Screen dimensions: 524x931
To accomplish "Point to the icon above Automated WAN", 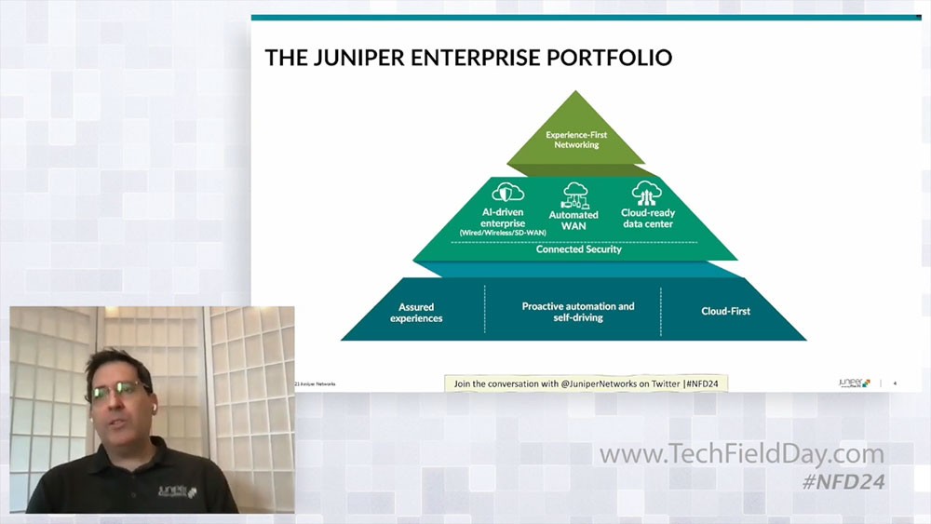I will pos(573,194).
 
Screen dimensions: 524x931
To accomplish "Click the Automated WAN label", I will pos(573,221).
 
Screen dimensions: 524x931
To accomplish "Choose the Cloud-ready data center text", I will pos(648,218).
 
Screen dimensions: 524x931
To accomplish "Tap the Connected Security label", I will pos(579,249).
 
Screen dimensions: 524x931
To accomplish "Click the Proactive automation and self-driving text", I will pos(577,311).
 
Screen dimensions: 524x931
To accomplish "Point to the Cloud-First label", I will pos(725,311).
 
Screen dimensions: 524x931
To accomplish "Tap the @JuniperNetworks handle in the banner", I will pos(605,383).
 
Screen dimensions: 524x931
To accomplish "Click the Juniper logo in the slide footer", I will pos(853,383).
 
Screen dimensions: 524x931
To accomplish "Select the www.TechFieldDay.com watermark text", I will pos(741,455).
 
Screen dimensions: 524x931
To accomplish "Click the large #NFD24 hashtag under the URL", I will pos(843,481).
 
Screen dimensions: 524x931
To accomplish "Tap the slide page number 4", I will pos(895,383).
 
